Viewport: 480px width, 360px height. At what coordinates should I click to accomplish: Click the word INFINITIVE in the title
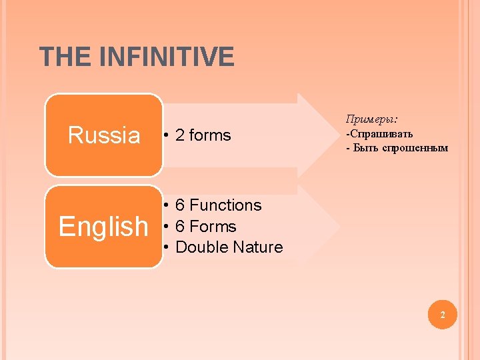[166, 57]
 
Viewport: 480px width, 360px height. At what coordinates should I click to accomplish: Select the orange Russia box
[104, 135]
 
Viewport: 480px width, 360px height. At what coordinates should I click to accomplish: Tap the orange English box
[104, 227]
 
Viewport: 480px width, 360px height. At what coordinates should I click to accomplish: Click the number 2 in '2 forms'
[179, 135]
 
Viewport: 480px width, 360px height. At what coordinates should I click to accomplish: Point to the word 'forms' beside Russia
[210, 135]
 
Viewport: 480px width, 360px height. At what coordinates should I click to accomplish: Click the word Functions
[225, 205]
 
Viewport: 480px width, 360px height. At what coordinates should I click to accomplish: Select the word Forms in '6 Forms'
[213, 227]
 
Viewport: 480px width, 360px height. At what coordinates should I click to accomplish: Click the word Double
[201, 247]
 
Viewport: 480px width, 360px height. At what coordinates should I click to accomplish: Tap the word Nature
[257, 247]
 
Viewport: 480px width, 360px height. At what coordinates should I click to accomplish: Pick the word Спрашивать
[381, 133]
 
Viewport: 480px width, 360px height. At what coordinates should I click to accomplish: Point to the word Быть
[364, 148]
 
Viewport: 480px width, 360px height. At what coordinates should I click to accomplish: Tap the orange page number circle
[441, 314]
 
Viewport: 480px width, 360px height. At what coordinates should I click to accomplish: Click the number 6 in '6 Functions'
[180, 205]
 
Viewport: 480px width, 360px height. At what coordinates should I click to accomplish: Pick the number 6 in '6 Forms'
[180, 227]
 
